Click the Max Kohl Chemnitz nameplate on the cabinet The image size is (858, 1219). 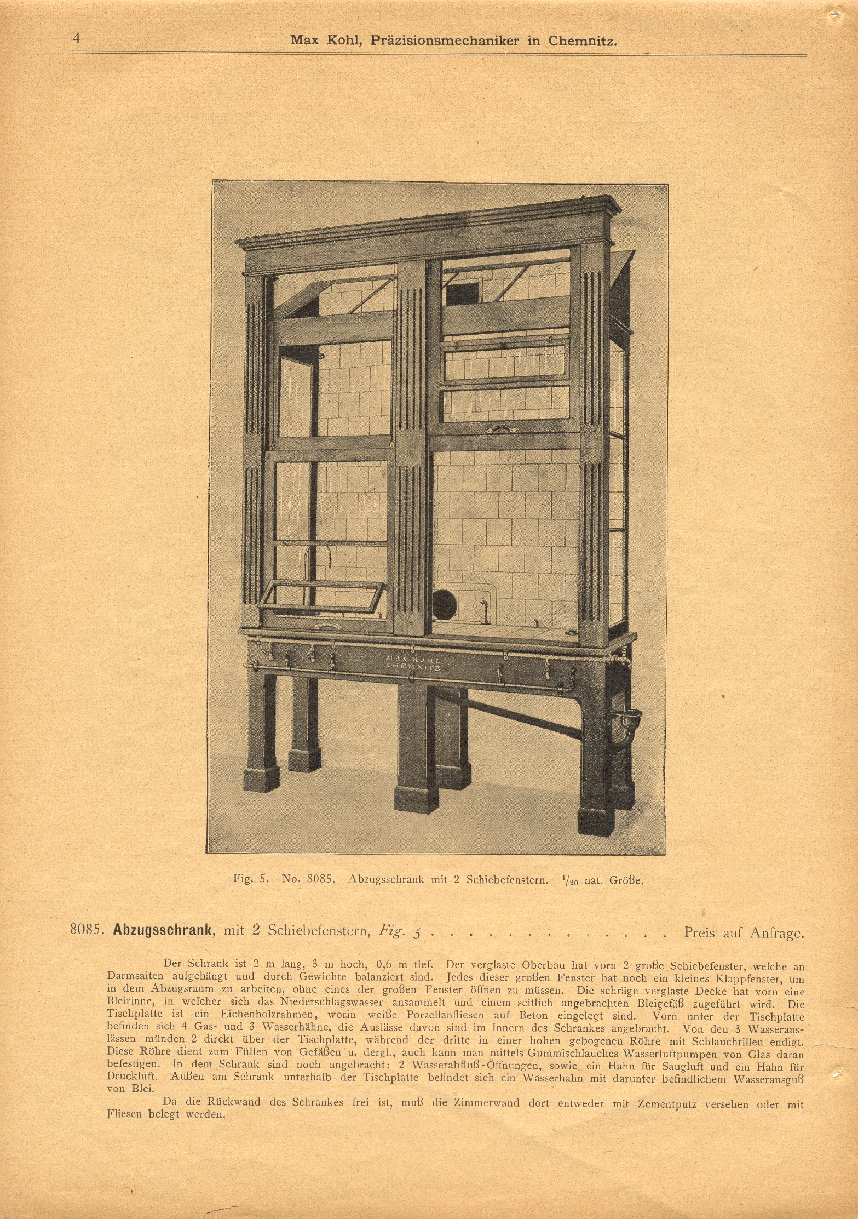(x=413, y=663)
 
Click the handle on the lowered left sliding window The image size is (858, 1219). (x=329, y=625)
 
